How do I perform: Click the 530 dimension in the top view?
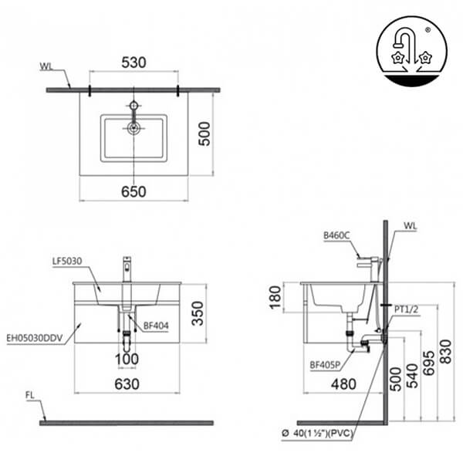(x=134, y=61)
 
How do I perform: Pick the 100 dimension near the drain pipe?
(x=127, y=359)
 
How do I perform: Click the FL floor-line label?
(x=31, y=396)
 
